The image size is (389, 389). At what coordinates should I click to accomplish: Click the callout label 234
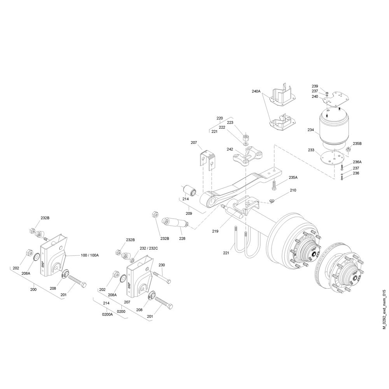tap(310, 130)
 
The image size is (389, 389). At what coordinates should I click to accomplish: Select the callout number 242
tap(230, 149)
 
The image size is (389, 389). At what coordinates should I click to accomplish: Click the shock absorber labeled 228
tap(175, 223)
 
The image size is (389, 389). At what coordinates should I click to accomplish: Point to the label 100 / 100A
tap(90, 255)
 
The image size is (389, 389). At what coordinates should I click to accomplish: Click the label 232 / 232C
tap(149, 248)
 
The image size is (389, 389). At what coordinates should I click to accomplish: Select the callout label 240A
tap(256, 91)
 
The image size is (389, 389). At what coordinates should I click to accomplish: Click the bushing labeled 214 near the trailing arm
tap(190, 191)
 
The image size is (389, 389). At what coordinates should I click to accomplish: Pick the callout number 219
tap(215, 231)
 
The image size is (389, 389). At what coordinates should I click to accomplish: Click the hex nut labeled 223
tap(246, 137)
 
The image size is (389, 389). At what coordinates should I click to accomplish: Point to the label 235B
tap(357, 144)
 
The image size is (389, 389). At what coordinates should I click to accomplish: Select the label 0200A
tap(107, 314)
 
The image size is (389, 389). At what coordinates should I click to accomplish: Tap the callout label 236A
tap(357, 162)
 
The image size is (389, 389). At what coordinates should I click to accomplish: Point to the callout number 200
tap(33, 289)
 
